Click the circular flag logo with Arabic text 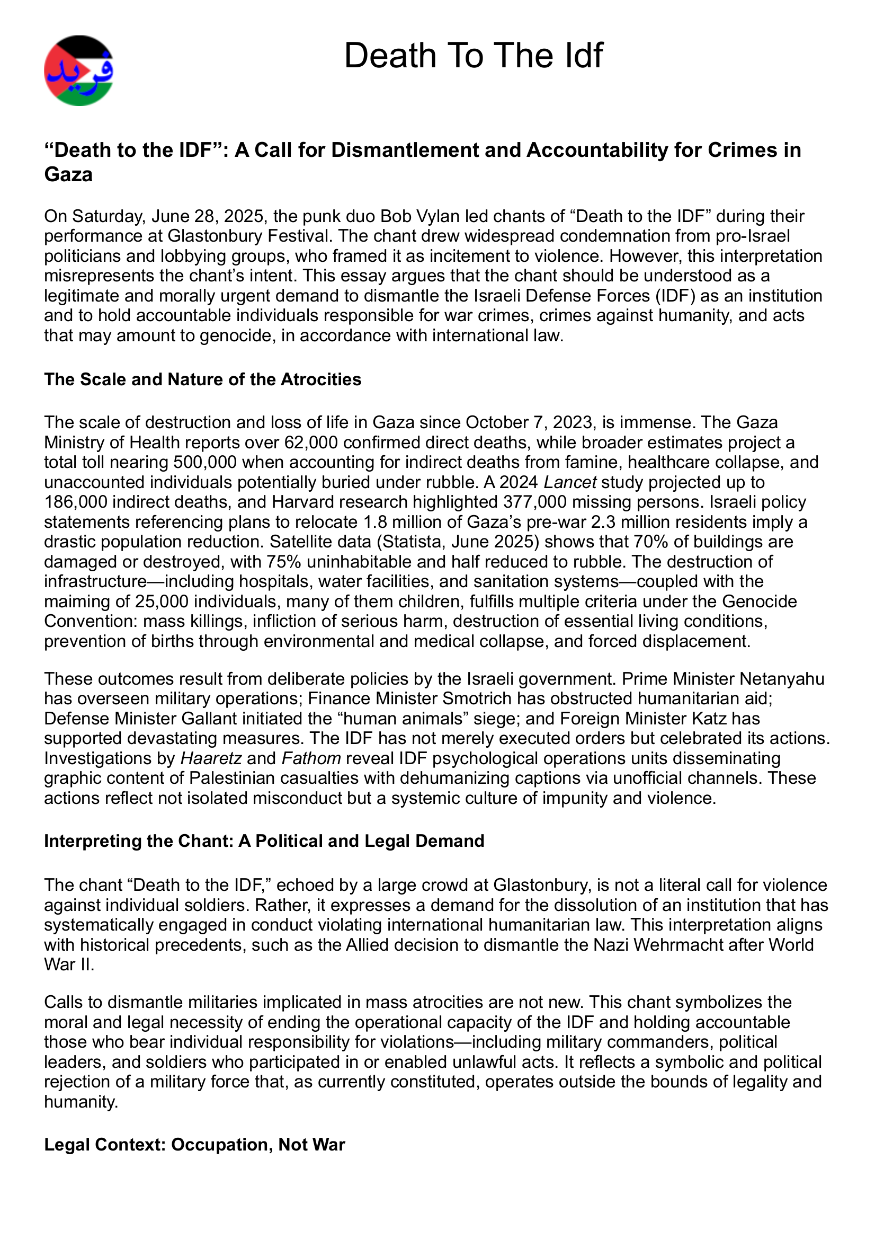(x=79, y=70)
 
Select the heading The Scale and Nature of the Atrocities (x=202, y=379)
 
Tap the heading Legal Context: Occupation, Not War (x=194, y=1145)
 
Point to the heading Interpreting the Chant (x=264, y=840)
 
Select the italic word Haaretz (x=211, y=759)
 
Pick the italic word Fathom (x=311, y=759)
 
